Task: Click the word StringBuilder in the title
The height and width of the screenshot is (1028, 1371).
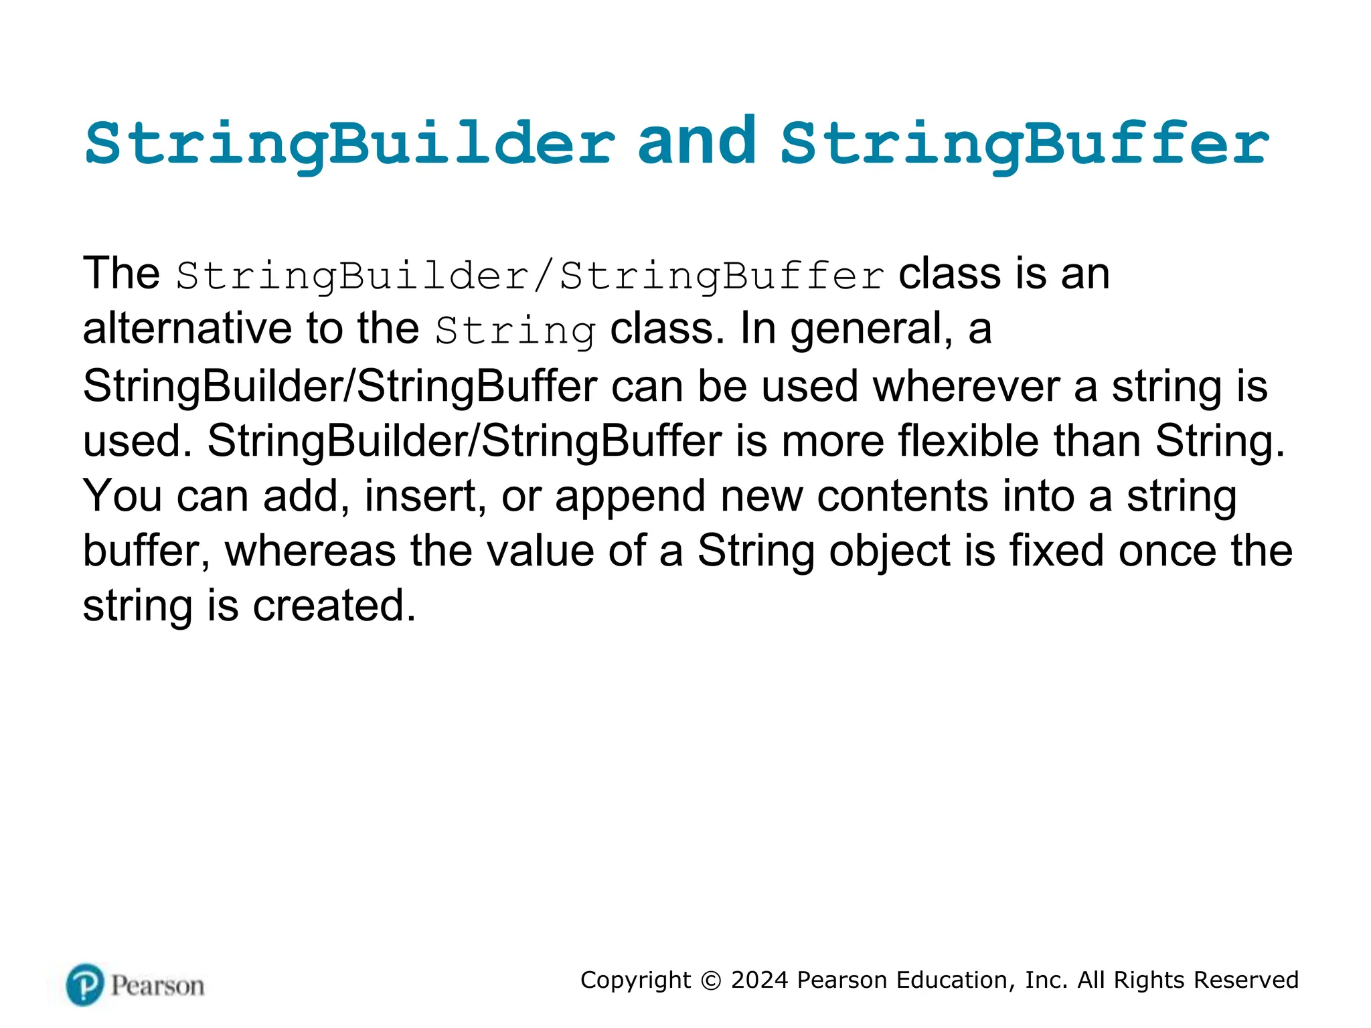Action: click(349, 144)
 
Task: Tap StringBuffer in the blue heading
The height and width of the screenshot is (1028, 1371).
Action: click(1024, 144)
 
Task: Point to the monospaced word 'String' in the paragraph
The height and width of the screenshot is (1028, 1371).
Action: click(515, 331)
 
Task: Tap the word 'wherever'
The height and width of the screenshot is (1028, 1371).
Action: click(966, 387)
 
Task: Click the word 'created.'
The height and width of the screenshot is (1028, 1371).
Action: click(334, 606)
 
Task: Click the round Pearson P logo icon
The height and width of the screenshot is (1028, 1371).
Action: click(85, 984)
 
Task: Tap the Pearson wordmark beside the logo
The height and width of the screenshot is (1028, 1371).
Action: click(158, 986)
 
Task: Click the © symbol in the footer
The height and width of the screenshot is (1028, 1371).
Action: click(711, 980)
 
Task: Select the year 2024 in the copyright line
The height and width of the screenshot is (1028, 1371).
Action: click(760, 980)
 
